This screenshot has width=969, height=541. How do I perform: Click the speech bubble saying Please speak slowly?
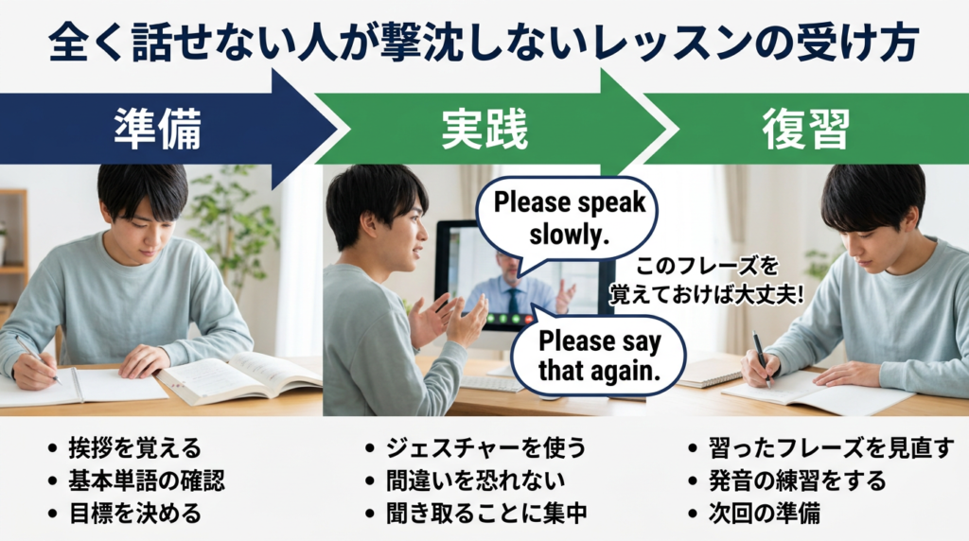pyautogui.click(x=569, y=217)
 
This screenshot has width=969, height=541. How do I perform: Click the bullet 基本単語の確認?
pyautogui.click(x=147, y=480)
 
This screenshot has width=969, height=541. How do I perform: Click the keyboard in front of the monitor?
pyautogui.click(x=492, y=383)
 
